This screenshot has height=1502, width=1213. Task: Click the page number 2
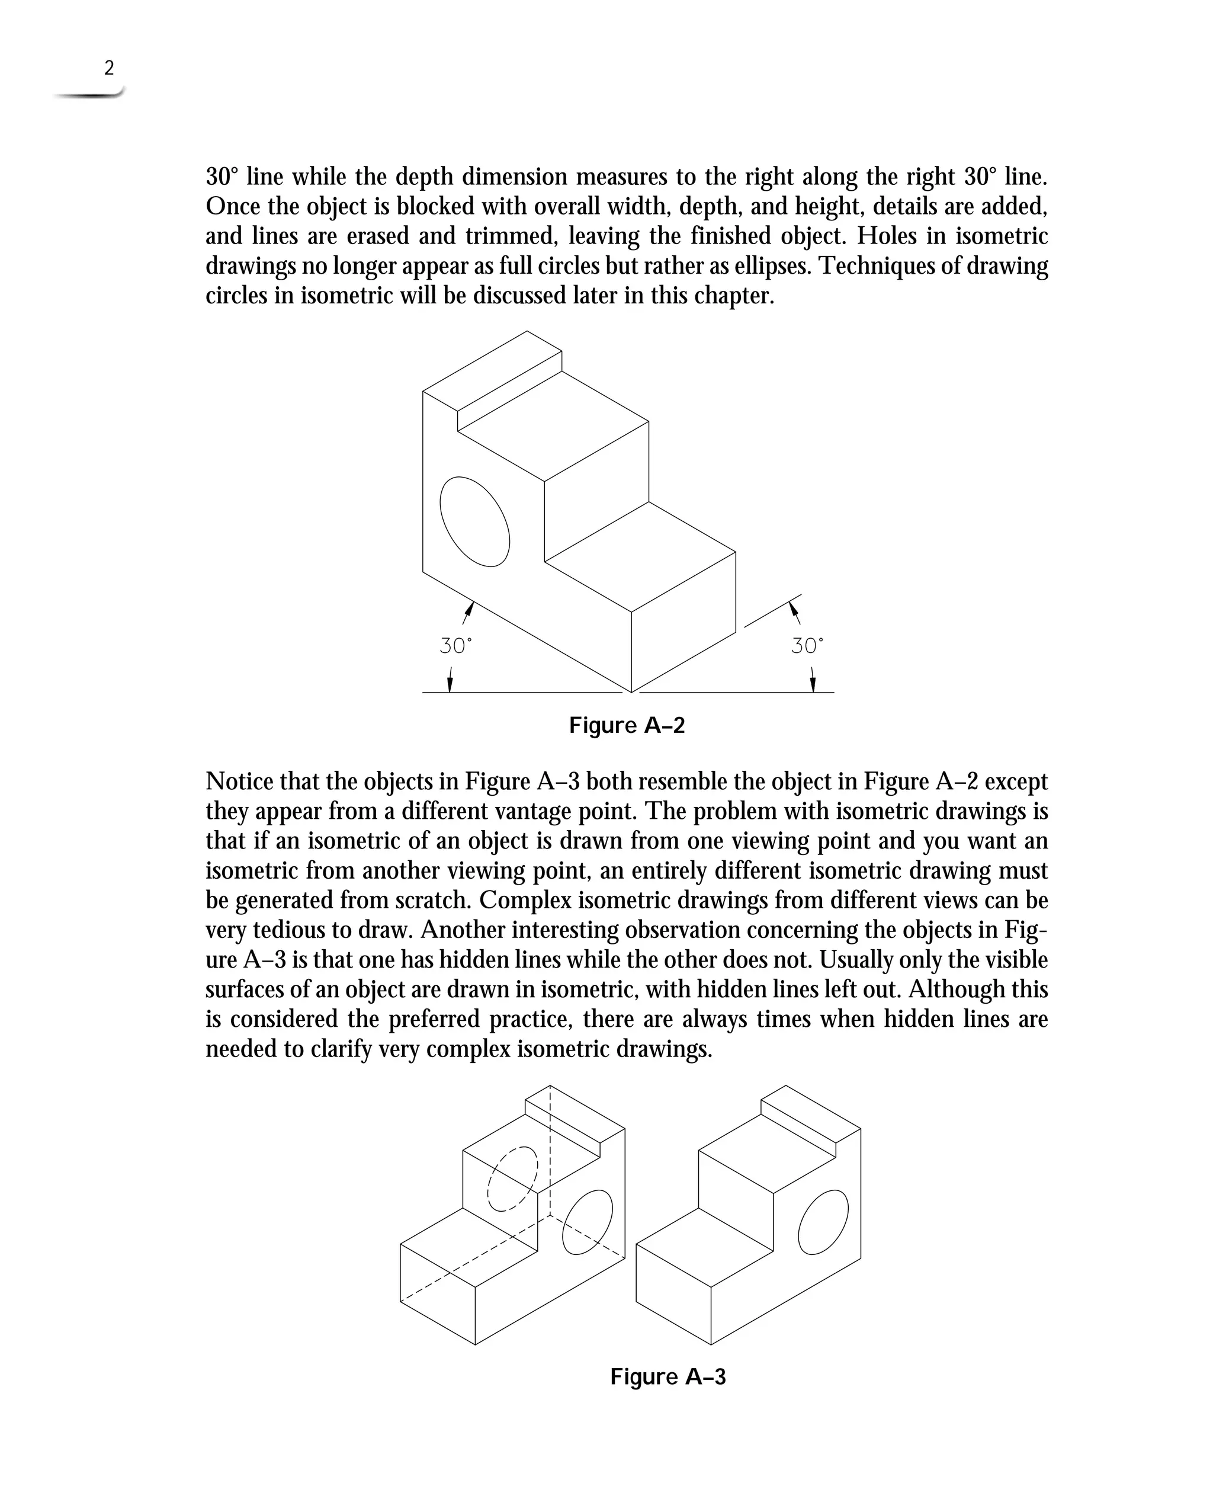click(108, 68)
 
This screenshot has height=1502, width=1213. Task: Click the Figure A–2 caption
click(627, 725)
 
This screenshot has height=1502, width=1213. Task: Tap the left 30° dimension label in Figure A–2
click(455, 646)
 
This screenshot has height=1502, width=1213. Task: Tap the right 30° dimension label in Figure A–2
click(807, 646)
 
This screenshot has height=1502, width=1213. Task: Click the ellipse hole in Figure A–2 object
click(474, 521)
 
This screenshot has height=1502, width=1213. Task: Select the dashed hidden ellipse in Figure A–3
click(513, 1179)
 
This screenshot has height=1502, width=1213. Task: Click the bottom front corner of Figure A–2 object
click(631, 692)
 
